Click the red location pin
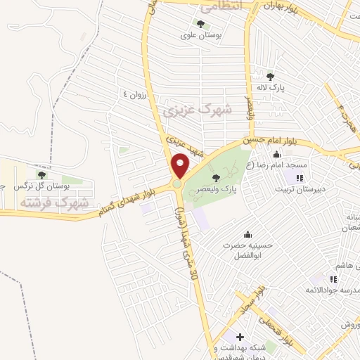(x=181, y=165)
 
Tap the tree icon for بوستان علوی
(x=211, y=25)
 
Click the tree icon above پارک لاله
(x=270, y=77)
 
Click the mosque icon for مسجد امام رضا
(x=276, y=155)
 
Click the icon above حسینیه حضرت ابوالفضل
(x=247, y=235)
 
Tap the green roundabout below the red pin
(x=177, y=184)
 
